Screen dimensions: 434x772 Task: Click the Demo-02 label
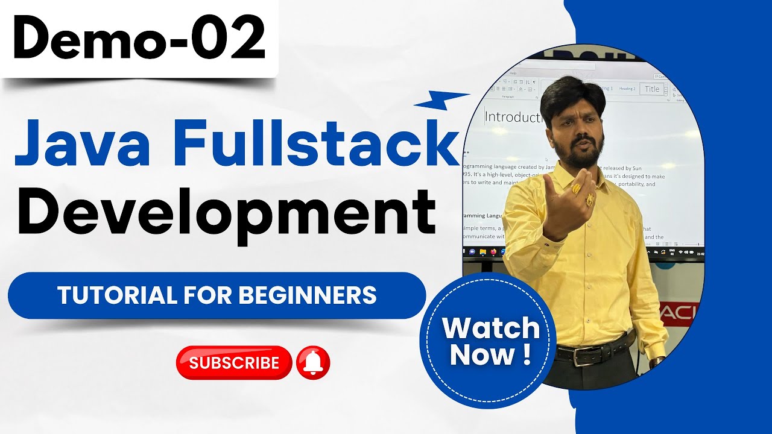[x=139, y=39]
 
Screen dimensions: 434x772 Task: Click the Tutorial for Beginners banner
[x=217, y=295]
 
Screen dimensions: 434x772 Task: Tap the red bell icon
[x=313, y=362]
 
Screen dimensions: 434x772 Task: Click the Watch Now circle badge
[x=490, y=341]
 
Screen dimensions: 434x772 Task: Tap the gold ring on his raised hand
[x=577, y=189]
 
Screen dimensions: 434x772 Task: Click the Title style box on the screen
[x=652, y=89]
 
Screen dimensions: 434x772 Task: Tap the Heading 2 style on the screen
[x=627, y=89]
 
